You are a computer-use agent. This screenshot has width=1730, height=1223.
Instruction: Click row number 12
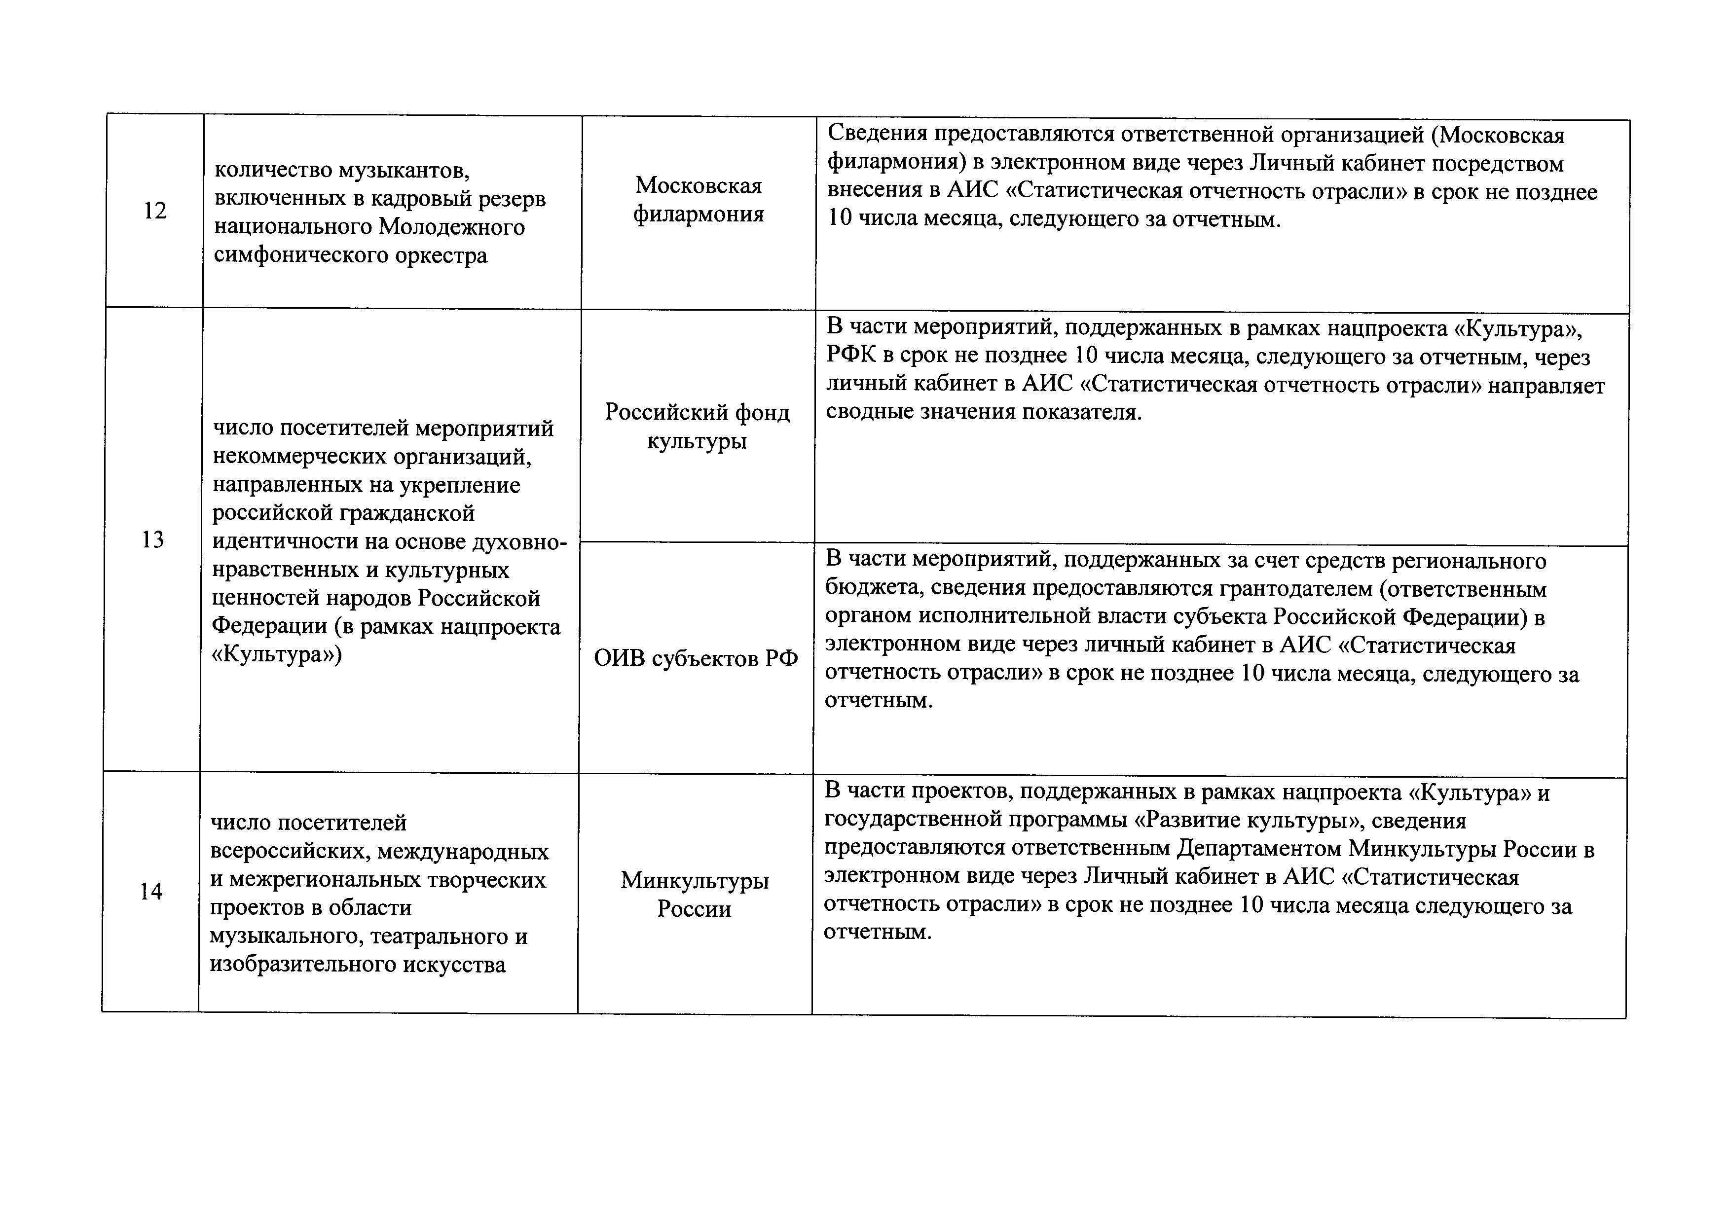(154, 211)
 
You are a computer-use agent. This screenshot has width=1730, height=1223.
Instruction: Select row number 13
(152, 539)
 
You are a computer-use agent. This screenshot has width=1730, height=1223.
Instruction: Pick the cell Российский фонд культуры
(697, 426)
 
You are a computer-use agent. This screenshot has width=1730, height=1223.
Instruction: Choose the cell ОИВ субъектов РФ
(696, 659)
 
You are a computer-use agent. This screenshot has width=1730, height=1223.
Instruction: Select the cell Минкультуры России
(694, 894)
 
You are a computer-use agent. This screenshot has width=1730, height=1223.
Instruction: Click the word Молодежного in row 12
(451, 227)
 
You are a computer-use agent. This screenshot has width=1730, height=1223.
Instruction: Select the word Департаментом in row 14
(1258, 849)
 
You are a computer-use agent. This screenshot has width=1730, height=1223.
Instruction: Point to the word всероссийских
(290, 852)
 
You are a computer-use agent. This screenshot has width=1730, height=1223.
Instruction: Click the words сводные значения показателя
(983, 413)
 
